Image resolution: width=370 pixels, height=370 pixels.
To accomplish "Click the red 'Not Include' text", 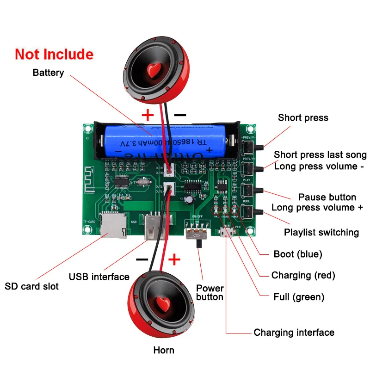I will (x=54, y=54).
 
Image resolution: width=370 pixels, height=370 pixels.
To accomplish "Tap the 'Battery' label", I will (x=48, y=73).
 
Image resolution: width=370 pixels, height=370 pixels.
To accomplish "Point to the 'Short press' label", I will (x=303, y=117).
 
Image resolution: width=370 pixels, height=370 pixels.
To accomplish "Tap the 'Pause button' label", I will (x=327, y=197).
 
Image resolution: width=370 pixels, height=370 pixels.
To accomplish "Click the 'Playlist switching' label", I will (x=321, y=232).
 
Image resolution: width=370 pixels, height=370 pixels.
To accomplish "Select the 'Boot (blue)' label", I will (x=298, y=254).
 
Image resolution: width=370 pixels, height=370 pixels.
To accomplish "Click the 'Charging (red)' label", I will (x=303, y=275).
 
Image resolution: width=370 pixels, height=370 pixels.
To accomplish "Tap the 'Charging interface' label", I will (x=294, y=332).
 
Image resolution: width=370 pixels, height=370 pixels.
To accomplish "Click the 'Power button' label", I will (x=210, y=292).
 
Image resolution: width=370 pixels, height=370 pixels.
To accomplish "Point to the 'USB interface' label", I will (x=99, y=277).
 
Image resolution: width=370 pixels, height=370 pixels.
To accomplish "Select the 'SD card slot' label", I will (x=32, y=286).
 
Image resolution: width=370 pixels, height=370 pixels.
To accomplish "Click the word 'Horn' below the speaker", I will (x=164, y=350).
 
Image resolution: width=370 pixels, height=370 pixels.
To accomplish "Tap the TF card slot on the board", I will (x=112, y=226).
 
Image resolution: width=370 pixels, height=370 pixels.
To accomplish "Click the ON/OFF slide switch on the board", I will (x=197, y=233).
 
